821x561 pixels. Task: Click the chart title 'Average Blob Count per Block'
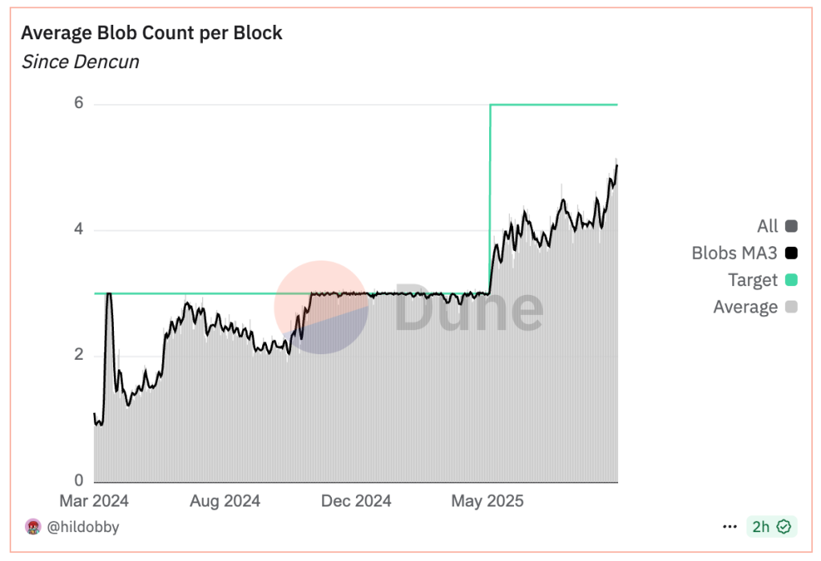(x=152, y=33)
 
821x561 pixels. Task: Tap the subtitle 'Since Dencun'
(x=80, y=62)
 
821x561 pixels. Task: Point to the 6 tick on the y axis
(x=79, y=104)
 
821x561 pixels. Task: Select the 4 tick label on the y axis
(x=79, y=231)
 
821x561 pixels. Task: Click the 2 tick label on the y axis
(x=79, y=356)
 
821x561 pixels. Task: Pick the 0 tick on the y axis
(x=79, y=481)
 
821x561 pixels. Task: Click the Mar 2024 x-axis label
(x=95, y=501)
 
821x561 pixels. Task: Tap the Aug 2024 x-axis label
(x=225, y=501)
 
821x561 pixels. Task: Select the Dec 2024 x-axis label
(x=356, y=501)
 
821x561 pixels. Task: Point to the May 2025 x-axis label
(x=487, y=501)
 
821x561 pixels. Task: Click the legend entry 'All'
(x=767, y=226)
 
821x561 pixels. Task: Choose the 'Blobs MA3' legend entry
(x=735, y=253)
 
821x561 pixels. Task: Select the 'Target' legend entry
(x=753, y=280)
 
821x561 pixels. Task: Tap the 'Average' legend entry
(x=746, y=306)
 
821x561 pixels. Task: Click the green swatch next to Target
(x=791, y=280)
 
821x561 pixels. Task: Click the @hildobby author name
(x=83, y=527)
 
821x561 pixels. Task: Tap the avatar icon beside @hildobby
(x=34, y=527)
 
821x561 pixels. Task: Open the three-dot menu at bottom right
(x=730, y=527)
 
